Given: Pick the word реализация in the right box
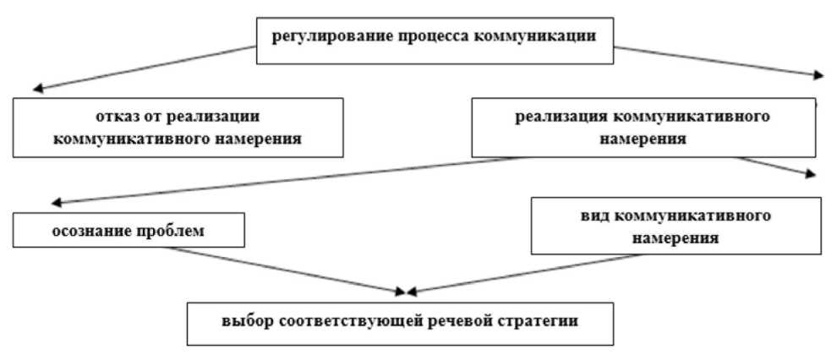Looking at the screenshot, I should click(557, 116).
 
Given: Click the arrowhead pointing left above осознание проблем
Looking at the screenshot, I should click(54, 202).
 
